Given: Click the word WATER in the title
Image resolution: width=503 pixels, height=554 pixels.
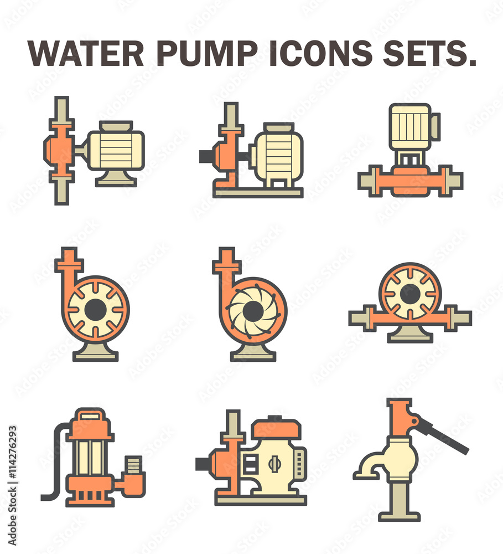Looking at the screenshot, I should (86, 53).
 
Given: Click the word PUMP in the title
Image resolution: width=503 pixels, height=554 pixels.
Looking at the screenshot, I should (207, 53).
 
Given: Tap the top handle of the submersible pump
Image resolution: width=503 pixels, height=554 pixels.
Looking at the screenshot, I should (90, 413).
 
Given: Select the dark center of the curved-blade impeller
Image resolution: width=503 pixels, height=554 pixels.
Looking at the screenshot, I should (252, 310).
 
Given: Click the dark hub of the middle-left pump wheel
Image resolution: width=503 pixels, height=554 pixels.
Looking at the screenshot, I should (95, 309).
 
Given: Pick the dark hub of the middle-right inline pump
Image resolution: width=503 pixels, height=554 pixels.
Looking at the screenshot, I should (410, 294).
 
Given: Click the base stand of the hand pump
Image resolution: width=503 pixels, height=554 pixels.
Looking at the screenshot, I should (398, 501).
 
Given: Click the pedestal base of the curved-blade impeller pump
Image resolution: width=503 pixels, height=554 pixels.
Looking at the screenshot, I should (253, 352).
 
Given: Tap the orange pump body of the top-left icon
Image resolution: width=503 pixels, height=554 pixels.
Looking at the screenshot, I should (60, 150).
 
